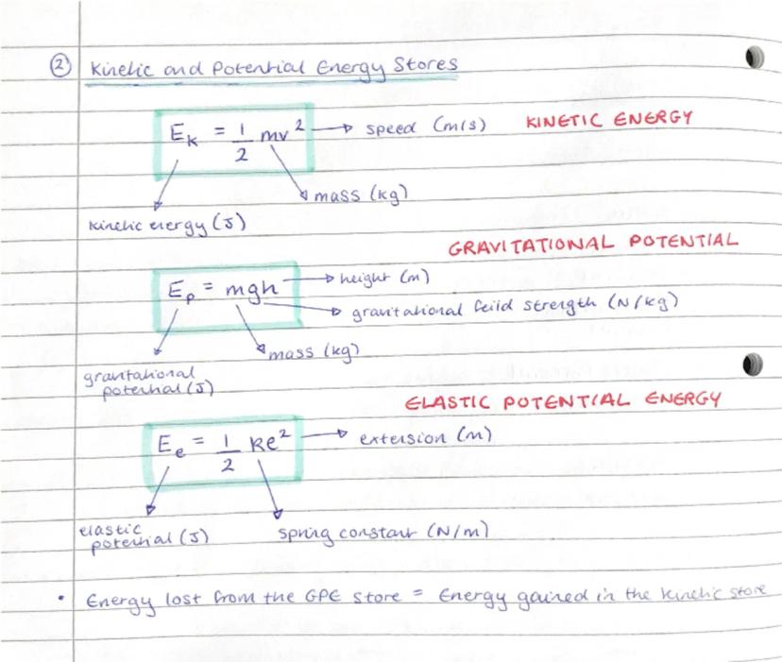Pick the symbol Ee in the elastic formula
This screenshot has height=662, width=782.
coord(176,443)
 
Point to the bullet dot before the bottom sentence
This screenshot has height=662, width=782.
coord(60,598)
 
